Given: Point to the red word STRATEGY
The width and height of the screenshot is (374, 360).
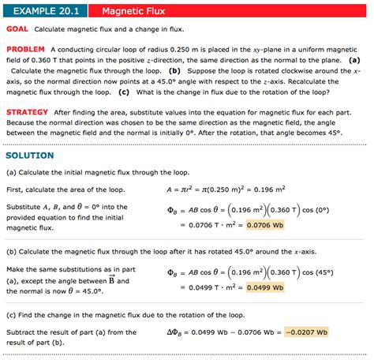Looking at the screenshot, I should tap(28, 112).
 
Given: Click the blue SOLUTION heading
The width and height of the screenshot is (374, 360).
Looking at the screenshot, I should tap(30, 156).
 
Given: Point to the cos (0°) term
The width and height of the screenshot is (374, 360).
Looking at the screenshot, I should tap(322, 210).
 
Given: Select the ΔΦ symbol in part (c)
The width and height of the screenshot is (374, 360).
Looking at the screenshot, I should tap(177, 331).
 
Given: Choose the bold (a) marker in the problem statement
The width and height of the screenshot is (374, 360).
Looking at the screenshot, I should tap(355, 59).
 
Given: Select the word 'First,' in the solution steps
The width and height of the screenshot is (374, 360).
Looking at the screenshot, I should tap(16, 189).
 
